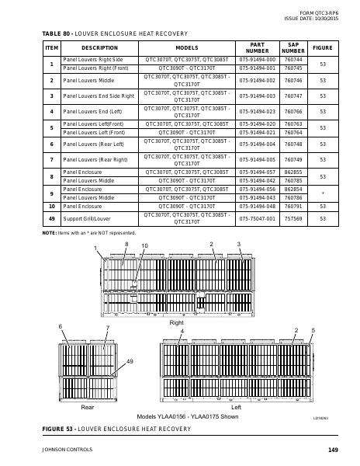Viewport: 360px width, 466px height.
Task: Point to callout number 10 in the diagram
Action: click(x=144, y=245)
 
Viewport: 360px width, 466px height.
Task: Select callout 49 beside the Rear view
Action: click(x=130, y=362)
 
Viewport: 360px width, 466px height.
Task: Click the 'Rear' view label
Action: click(x=88, y=406)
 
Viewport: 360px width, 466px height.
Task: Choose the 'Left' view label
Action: click(x=237, y=406)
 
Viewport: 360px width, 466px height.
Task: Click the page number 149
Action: click(x=333, y=450)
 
